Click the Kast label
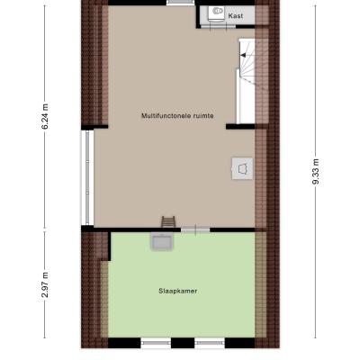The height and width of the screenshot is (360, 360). [x=236, y=16]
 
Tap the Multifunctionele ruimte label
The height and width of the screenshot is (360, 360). [x=177, y=116]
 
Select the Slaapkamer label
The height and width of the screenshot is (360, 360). [x=178, y=291]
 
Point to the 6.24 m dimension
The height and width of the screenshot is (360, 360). [x=45, y=116]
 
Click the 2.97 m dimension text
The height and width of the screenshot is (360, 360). [x=45, y=284]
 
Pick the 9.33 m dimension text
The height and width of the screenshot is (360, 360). [x=315, y=172]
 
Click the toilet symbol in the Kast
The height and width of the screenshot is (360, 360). [x=217, y=13]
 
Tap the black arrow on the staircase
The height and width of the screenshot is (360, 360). [x=243, y=55]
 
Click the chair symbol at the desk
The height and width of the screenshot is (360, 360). [x=242, y=169]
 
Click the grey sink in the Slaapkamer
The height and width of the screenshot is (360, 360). [x=162, y=241]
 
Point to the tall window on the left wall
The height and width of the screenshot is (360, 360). [x=87, y=177]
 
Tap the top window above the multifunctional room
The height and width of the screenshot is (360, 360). [x=181, y=3]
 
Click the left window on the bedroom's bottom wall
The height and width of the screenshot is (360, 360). [x=156, y=343]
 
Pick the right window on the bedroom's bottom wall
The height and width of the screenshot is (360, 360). [x=210, y=343]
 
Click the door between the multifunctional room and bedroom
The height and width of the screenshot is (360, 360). [x=195, y=230]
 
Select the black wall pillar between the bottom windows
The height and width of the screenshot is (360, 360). [x=183, y=343]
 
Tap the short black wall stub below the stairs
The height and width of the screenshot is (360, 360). [x=240, y=126]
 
